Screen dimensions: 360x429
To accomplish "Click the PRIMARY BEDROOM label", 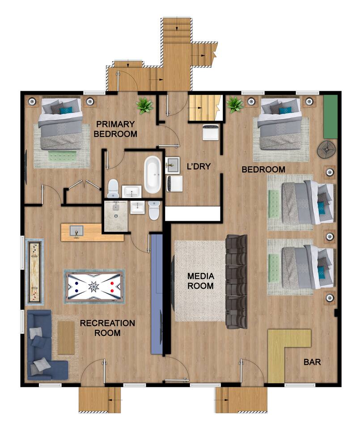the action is (x=115, y=129).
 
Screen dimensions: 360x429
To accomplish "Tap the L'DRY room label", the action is (x=199, y=166).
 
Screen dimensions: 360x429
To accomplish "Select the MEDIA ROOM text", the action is (x=200, y=281).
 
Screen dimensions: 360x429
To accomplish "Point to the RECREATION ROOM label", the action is (x=107, y=328).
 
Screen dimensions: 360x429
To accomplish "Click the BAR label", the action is (x=312, y=362).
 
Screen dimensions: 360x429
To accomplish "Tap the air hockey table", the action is (x=94, y=286).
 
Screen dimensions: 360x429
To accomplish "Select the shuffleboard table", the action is (x=34, y=272).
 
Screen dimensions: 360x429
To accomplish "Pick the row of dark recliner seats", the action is (x=236, y=282).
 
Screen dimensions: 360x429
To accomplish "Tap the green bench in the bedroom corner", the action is (x=330, y=117).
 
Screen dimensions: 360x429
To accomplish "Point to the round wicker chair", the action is (x=326, y=149).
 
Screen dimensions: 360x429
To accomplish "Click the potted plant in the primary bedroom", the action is (x=144, y=105).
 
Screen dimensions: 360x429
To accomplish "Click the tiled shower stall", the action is (x=116, y=216).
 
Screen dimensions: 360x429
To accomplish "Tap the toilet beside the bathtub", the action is (x=113, y=188).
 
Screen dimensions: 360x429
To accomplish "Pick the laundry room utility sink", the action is (x=173, y=165).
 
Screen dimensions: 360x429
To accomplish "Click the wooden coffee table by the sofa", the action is (x=66, y=338).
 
